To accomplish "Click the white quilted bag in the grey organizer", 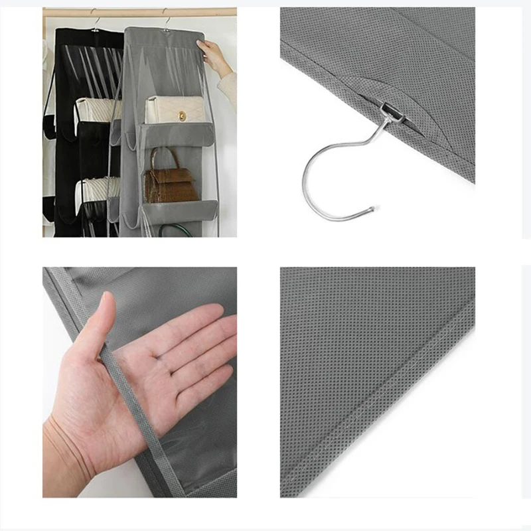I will (x=175, y=110).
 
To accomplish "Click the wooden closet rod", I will (x=139, y=12).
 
